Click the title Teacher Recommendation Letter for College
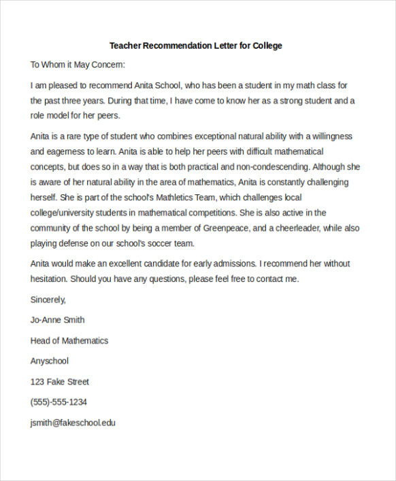tap(196, 46)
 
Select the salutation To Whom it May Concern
tap(78, 65)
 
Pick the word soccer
tap(160, 243)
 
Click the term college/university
tap(64, 213)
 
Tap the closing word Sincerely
tap(48, 299)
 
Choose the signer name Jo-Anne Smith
tap(58, 320)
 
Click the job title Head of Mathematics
tap(69, 340)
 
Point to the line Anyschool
tap(50, 361)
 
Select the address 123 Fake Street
tap(60, 382)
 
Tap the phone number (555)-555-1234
tap(59, 402)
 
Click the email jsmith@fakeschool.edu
tap(73, 423)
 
